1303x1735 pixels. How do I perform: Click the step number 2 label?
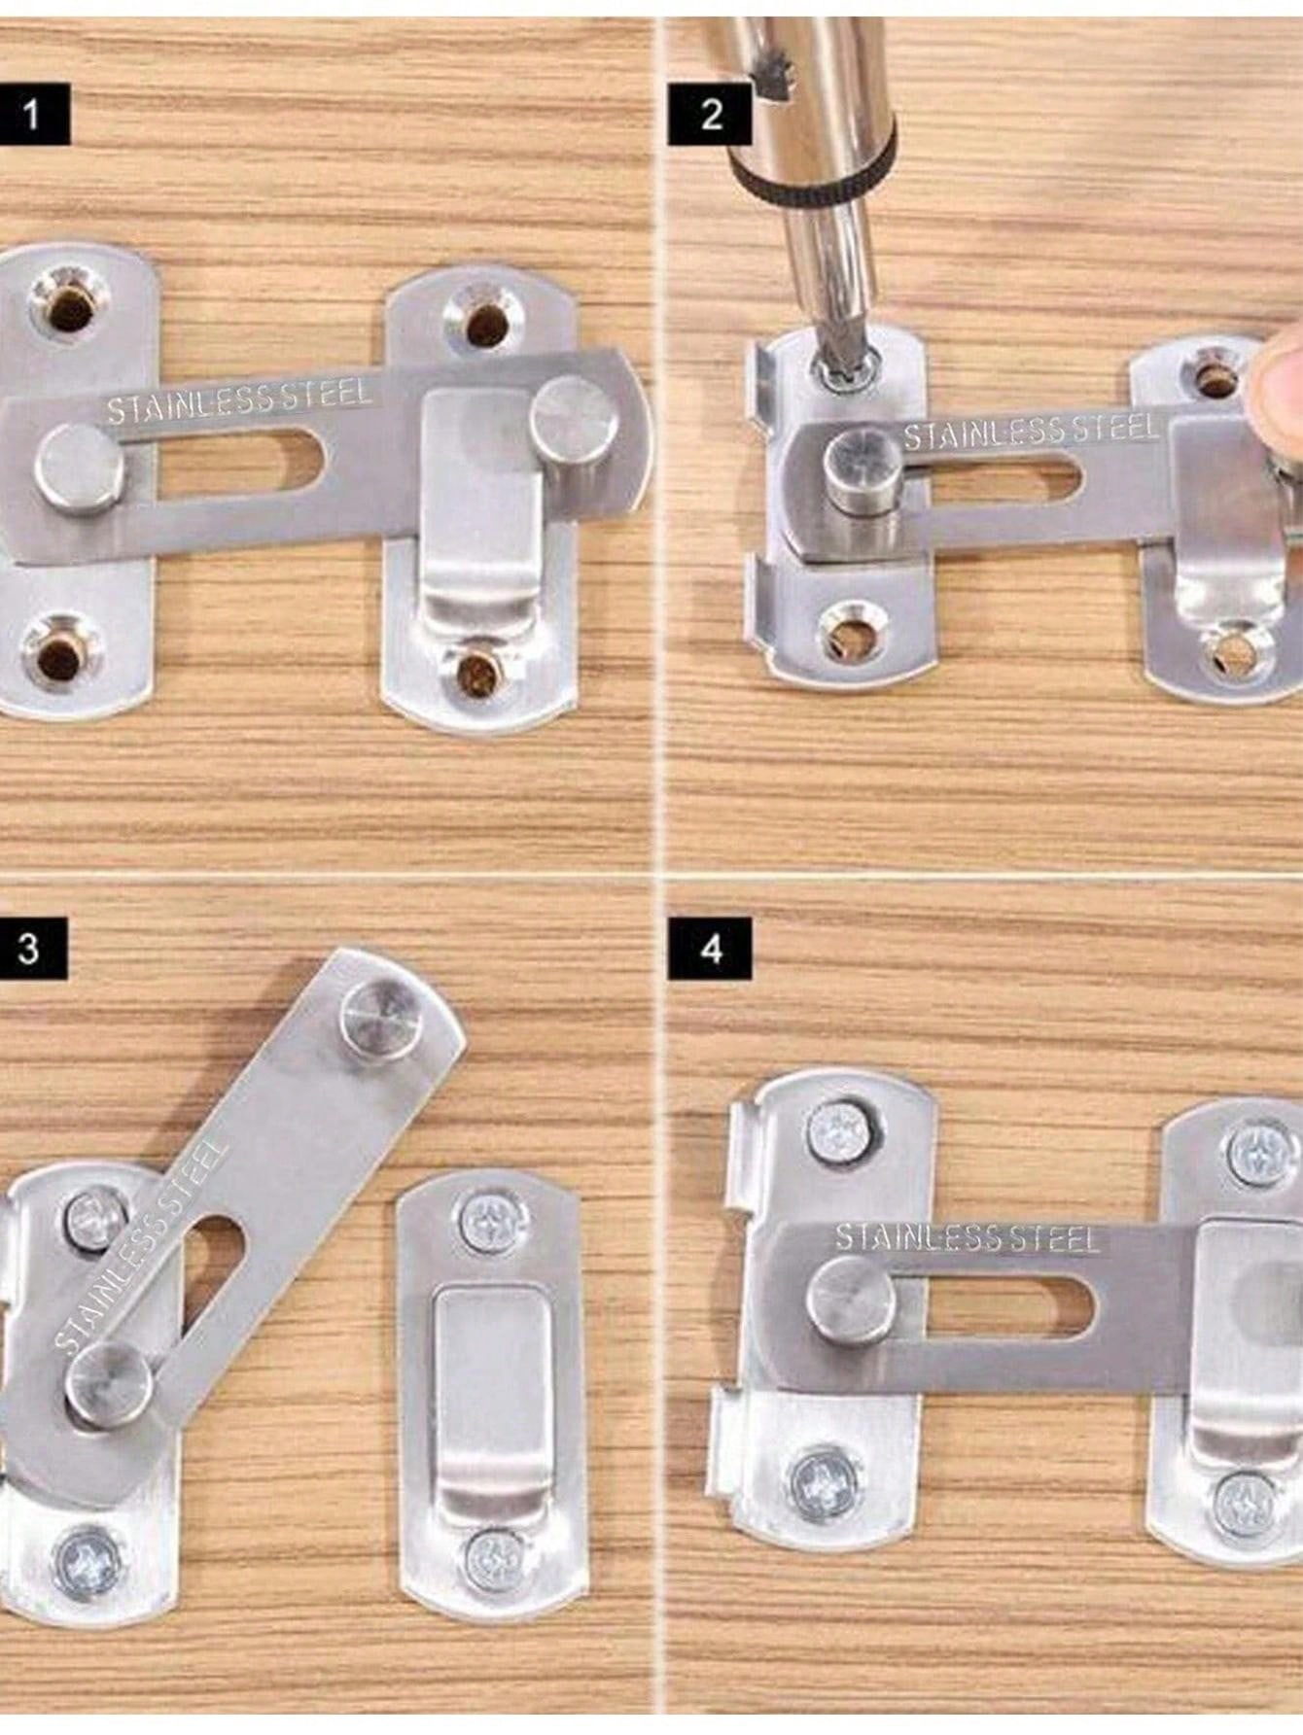[711, 115]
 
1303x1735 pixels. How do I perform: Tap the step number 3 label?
[29, 947]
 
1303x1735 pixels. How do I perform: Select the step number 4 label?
[711, 949]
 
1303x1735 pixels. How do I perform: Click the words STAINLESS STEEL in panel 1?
[238, 399]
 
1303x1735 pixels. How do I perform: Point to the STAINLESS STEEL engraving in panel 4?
[967, 1237]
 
